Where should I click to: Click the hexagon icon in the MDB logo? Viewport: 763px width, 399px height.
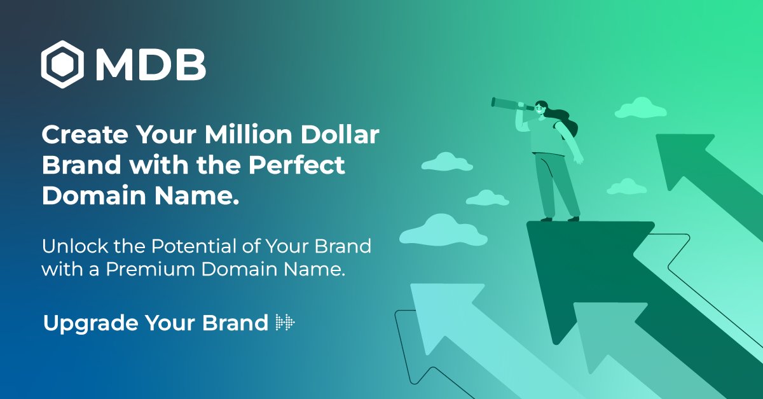click(x=63, y=64)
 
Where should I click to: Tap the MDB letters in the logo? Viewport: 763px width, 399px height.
click(x=151, y=64)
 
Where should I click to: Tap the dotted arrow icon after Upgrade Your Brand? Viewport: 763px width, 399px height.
click(x=285, y=323)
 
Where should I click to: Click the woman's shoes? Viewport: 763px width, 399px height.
click(x=560, y=218)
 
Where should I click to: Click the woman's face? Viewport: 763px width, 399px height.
click(x=540, y=109)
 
